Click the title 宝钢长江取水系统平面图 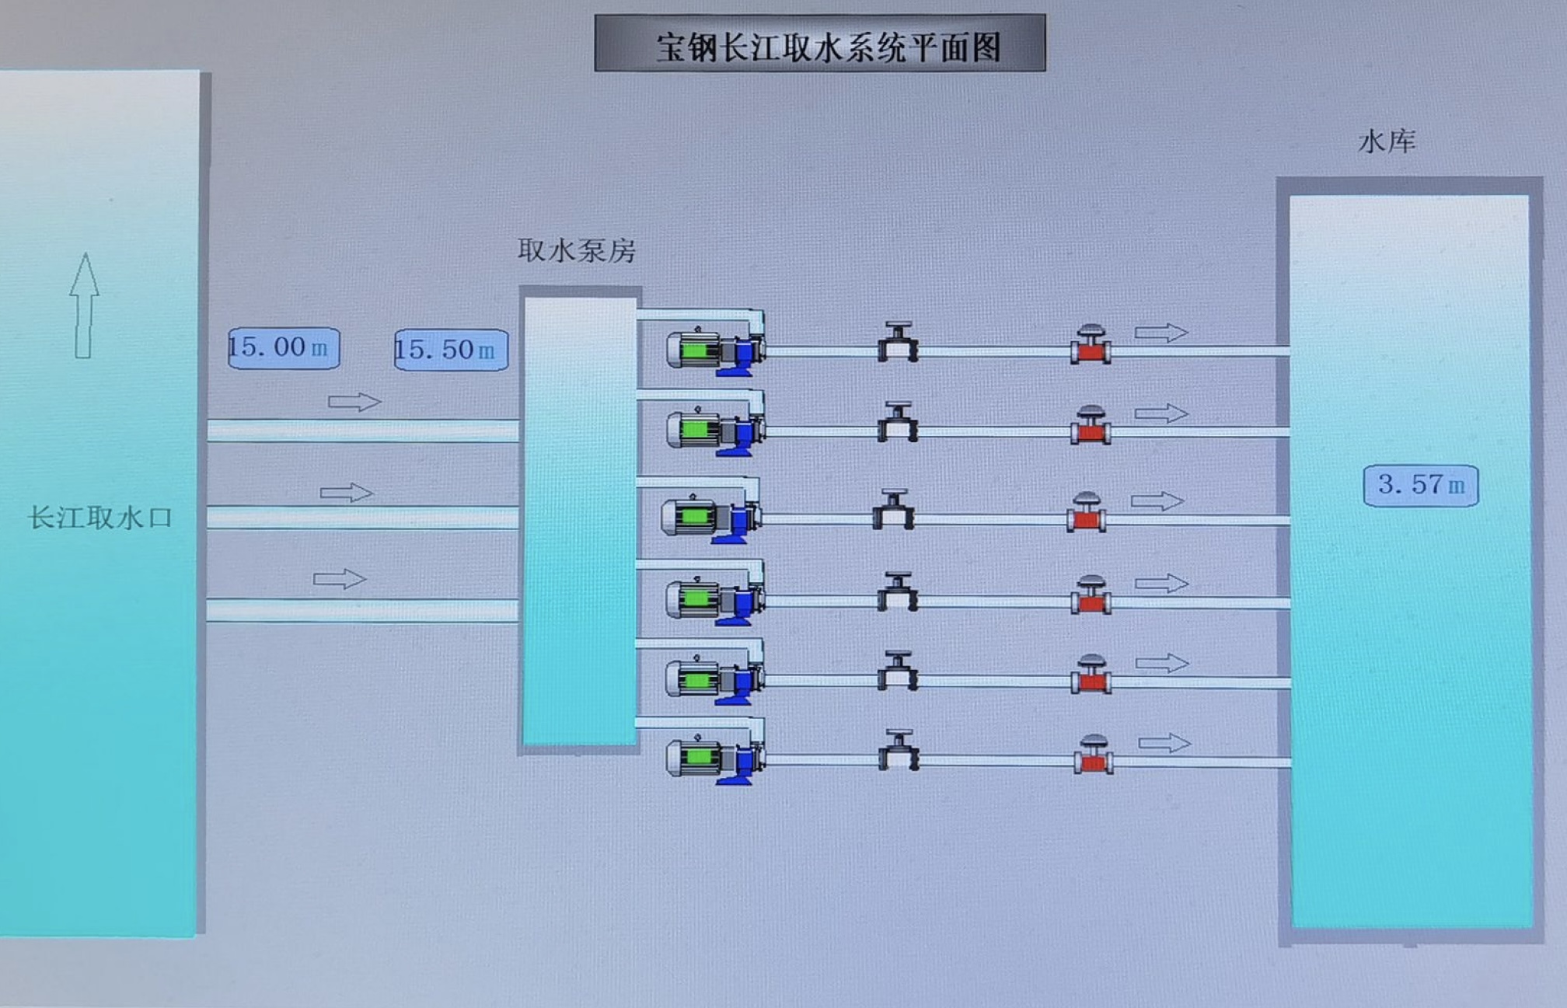[x=820, y=45]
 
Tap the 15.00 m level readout [x=284, y=348]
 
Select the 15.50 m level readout [x=451, y=350]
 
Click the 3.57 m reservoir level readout [x=1421, y=486]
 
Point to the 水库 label [x=1387, y=141]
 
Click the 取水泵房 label [x=577, y=250]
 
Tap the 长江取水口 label [x=99, y=518]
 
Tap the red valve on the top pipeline [x=1091, y=344]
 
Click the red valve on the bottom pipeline [x=1094, y=755]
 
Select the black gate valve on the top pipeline [x=898, y=342]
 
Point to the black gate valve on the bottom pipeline [x=899, y=751]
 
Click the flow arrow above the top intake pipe [x=354, y=402]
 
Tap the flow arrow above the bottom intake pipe [x=340, y=579]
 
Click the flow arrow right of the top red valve [x=1161, y=333]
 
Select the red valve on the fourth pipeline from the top [x=1091, y=595]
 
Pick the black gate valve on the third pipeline [x=893, y=510]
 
